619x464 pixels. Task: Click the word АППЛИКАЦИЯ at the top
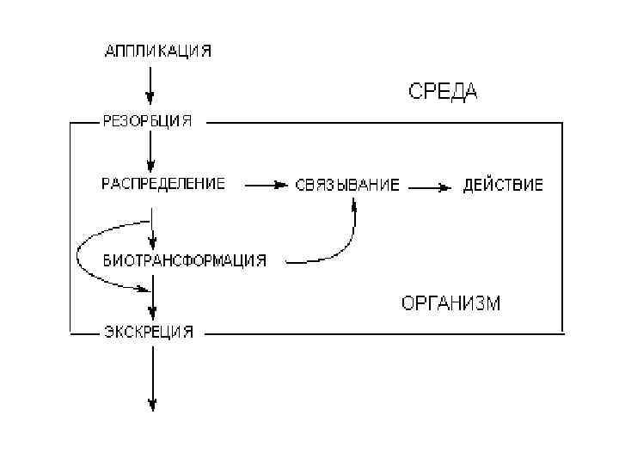pyautogui.click(x=157, y=51)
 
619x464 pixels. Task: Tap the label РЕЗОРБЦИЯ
pyautogui.click(x=147, y=120)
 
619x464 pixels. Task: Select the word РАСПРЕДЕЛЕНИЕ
pyautogui.click(x=163, y=183)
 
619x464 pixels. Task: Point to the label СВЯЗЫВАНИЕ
pyautogui.click(x=347, y=185)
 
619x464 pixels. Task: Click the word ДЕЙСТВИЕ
pyautogui.click(x=503, y=185)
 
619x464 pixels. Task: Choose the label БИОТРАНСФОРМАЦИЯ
pyautogui.click(x=184, y=259)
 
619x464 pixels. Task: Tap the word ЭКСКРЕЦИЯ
pyautogui.click(x=148, y=332)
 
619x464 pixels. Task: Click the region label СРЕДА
pyautogui.click(x=442, y=92)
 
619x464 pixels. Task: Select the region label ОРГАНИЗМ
pyautogui.click(x=450, y=303)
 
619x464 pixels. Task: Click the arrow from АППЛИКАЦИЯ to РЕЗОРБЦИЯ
pyautogui.click(x=151, y=86)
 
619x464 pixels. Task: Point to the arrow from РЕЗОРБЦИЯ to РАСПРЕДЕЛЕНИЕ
pyautogui.click(x=151, y=151)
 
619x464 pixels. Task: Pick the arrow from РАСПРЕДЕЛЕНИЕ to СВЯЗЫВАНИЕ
pyautogui.click(x=266, y=184)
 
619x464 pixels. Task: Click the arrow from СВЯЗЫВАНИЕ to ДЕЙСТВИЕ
pyautogui.click(x=431, y=185)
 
